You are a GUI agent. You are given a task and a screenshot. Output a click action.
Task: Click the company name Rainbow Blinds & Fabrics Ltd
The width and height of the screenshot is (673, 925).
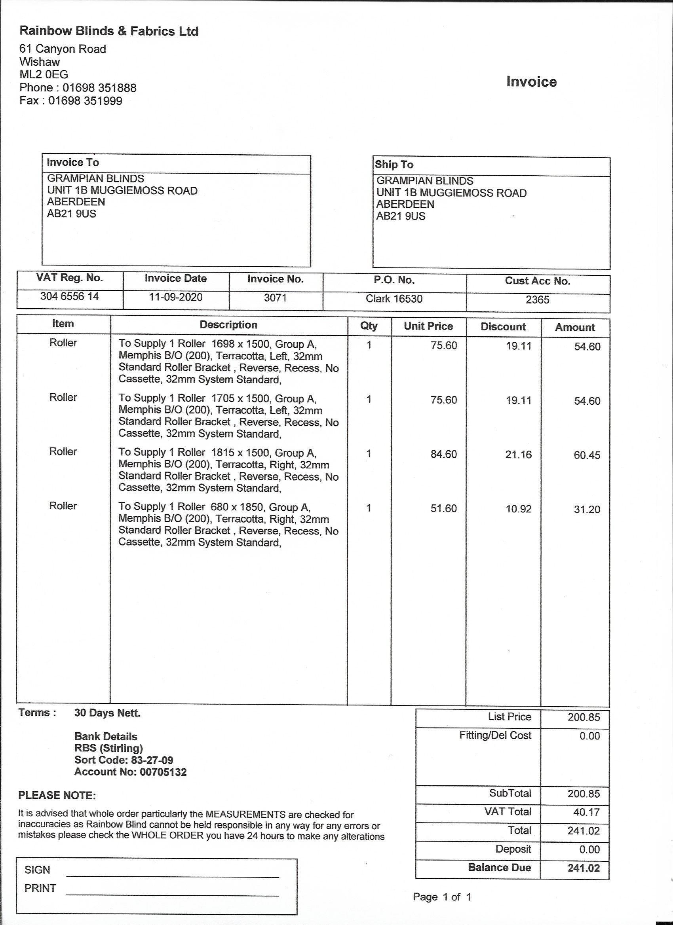(109, 31)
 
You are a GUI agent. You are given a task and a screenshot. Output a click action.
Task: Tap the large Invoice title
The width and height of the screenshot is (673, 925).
(531, 82)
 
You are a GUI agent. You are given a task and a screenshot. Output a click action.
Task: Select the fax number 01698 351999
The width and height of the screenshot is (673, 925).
(85, 101)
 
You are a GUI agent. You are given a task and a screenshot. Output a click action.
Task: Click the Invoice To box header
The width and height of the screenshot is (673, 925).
(73, 162)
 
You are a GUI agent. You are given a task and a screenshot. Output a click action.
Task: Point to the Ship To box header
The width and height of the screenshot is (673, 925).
(394, 164)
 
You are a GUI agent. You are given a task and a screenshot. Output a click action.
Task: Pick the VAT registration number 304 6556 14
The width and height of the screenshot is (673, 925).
(69, 296)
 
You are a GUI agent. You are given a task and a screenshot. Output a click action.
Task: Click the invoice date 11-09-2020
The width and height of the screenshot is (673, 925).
(175, 298)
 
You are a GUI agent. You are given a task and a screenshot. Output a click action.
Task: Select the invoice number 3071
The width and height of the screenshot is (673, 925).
(275, 298)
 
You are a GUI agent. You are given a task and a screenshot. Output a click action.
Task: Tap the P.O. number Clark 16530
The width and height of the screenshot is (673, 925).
(394, 299)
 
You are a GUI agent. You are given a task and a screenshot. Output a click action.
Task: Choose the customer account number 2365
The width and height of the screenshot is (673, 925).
(537, 300)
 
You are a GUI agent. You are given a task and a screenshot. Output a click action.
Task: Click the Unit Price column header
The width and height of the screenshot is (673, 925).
(428, 326)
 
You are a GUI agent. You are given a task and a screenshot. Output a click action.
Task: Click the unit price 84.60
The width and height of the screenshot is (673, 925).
(444, 454)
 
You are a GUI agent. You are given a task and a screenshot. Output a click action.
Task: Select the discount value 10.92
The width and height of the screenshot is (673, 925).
(518, 509)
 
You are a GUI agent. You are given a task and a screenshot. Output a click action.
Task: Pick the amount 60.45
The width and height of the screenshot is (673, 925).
(587, 455)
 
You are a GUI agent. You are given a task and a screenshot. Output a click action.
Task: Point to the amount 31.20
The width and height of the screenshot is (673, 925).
(587, 510)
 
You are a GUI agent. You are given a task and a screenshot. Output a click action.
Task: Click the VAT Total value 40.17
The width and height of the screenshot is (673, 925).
(586, 812)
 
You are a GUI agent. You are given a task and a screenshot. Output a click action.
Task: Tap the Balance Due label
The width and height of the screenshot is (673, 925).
(499, 868)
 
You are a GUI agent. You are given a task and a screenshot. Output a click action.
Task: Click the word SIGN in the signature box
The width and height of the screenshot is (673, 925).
(37, 870)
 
